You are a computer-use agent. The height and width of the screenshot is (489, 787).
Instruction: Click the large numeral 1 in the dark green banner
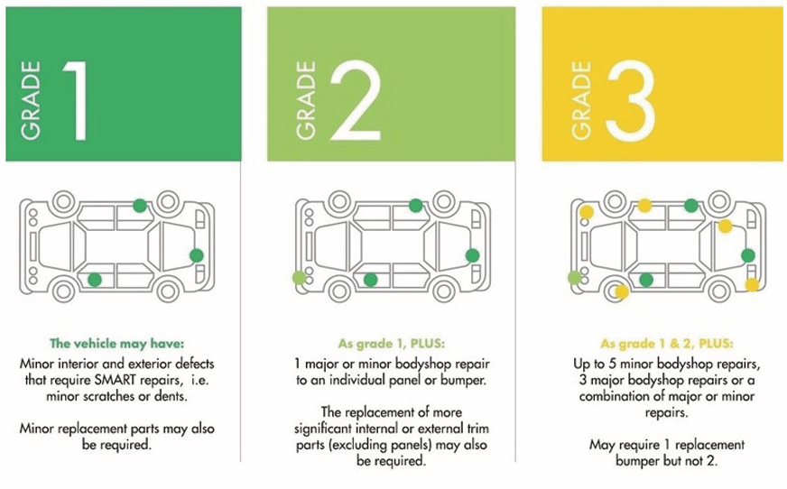(77, 100)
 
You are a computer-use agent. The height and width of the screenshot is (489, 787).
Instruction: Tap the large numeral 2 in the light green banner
(356, 99)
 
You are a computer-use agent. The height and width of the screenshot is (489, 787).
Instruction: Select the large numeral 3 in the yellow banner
(630, 100)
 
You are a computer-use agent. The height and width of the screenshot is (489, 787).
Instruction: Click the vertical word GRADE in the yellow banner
(581, 100)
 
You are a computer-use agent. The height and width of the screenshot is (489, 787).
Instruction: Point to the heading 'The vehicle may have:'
(117, 344)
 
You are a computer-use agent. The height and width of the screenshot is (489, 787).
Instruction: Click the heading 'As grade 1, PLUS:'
(392, 344)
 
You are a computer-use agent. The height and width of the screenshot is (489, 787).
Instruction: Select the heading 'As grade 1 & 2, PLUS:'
(667, 344)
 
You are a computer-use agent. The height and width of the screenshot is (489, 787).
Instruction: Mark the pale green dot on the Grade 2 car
(299, 277)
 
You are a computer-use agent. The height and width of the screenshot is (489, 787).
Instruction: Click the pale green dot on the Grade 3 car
(575, 277)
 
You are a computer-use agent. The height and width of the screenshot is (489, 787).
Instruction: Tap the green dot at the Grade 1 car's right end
(196, 255)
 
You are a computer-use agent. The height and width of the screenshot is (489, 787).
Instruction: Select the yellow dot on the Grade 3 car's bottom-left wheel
(621, 291)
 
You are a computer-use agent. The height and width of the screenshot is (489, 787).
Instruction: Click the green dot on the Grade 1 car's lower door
(95, 280)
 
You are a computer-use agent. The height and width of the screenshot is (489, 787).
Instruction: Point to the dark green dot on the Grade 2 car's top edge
(415, 205)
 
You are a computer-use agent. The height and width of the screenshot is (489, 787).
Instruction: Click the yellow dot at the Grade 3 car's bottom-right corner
(752, 285)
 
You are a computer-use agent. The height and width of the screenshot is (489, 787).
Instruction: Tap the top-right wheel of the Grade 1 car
(168, 201)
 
